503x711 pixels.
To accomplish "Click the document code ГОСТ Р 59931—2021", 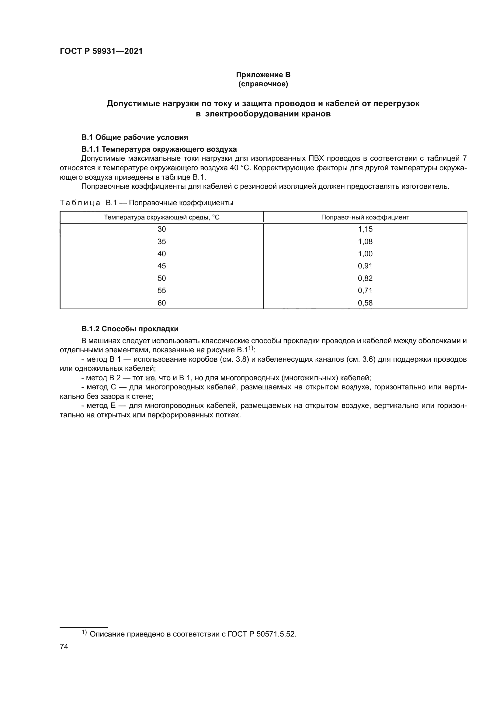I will (101, 51).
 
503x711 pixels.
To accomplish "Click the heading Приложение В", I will (263, 75).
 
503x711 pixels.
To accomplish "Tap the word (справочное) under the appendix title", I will (263, 84).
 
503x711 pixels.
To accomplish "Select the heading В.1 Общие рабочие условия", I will (134, 137).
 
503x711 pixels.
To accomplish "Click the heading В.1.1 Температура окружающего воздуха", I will (159, 149).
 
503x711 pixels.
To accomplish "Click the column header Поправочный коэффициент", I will (365, 217).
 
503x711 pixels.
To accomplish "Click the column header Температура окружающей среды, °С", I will (162, 217).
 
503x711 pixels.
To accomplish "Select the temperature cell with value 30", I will (162, 230).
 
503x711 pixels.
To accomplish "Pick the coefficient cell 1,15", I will (365, 230).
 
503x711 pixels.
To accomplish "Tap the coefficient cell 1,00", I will (365, 254).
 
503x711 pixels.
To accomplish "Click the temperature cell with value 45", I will (162, 266).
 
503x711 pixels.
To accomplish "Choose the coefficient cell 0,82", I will (365, 278).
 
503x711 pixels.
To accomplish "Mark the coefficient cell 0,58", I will (365, 303).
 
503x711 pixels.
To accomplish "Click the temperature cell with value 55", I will (162, 291).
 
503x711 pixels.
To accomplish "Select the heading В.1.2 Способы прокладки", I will (130, 329).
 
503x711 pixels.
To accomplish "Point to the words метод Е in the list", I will (101, 406).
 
